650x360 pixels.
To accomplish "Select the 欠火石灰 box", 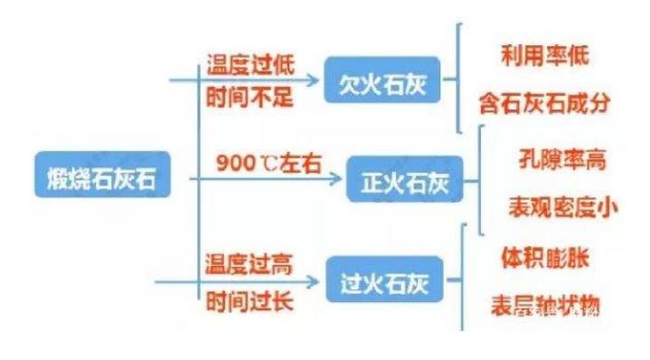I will click(379, 83).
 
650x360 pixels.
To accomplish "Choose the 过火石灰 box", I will click(381, 281).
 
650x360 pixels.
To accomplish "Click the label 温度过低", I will click(248, 66).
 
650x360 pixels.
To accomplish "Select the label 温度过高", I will click(248, 263).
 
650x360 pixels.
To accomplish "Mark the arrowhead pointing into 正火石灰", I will click(339, 180).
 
